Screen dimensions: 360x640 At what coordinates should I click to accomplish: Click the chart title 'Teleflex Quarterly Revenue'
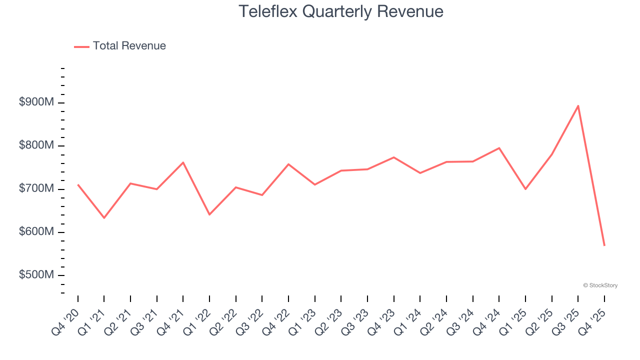click(x=340, y=11)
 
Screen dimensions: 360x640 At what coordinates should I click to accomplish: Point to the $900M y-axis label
click(x=36, y=102)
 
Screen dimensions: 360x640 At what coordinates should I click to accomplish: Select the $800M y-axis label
click(x=36, y=145)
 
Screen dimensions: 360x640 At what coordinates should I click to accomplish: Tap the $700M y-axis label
click(x=36, y=189)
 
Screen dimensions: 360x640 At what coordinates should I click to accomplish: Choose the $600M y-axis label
click(x=36, y=232)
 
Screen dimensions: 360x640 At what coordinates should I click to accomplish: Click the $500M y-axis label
click(x=36, y=275)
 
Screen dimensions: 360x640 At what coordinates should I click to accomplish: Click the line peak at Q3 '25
click(x=578, y=105)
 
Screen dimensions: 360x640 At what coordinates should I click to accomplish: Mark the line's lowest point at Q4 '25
click(x=604, y=245)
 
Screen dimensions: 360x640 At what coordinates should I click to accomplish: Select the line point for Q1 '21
click(x=104, y=218)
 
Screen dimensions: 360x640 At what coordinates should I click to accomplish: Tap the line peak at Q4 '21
click(x=183, y=162)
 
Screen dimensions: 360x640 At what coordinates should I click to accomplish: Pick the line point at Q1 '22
click(x=209, y=214)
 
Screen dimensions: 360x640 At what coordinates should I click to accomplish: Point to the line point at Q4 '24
click(x=499, y=148)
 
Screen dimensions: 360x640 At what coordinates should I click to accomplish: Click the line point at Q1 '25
click(x=525, y=189)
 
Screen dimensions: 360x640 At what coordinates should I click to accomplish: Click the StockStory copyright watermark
click(x=600, y=285)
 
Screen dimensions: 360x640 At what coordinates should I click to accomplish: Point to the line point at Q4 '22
click(x=288, y=164)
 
